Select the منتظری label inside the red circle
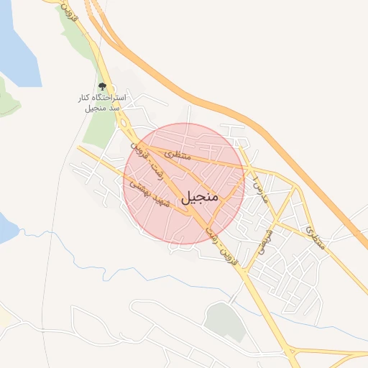(177, 154)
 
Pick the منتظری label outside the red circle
(316, 237)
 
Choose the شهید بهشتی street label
(149, 195)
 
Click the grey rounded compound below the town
(222, 321)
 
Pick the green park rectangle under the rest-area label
(98, 130)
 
